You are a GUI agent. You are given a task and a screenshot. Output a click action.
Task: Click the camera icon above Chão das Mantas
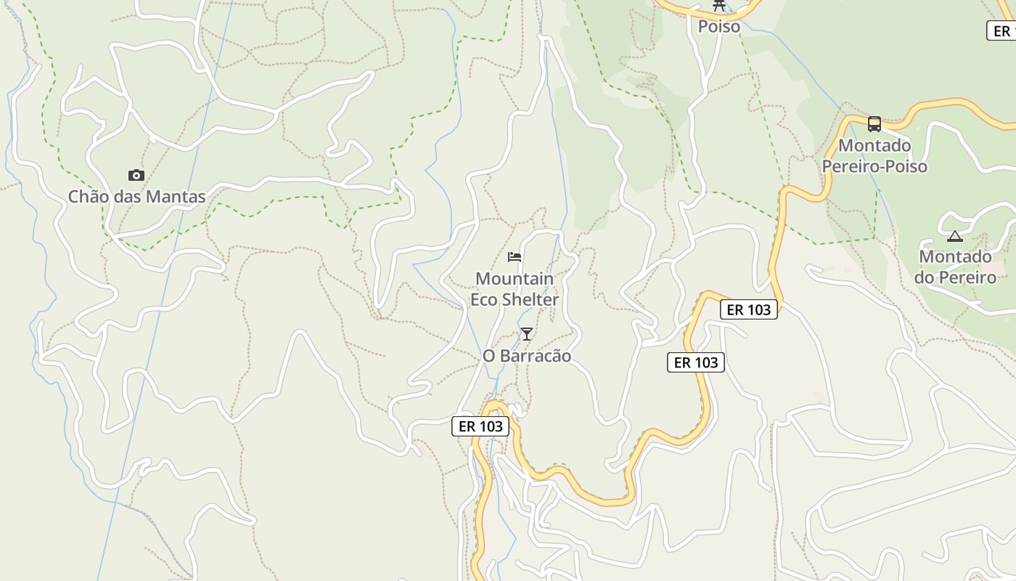[136, 175]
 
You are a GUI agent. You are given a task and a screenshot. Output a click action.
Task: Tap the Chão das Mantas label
[136, 197]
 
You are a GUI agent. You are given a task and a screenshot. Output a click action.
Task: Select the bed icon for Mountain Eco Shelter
[515, 257]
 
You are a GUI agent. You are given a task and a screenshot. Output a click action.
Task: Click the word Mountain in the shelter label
[515, 279]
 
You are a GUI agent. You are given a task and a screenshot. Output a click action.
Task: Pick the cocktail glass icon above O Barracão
[527, 334]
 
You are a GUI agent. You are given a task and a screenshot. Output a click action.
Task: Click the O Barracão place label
[527, 356]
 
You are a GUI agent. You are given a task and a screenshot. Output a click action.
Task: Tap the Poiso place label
[719, 27]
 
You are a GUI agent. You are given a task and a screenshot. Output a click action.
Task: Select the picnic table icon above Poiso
[719, 5]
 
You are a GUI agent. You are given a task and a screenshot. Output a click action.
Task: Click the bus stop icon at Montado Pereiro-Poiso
[874, 124]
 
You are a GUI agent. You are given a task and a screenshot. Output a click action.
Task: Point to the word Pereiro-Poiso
[874, 166]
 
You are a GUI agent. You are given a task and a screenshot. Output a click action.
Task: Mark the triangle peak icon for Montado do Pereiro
[955, 236]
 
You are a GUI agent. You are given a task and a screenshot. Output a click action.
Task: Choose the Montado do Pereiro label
[955, 267]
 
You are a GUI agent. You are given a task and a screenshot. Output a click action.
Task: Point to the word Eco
[485, 300]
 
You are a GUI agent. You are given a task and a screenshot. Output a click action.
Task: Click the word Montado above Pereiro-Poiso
[874, 145]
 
